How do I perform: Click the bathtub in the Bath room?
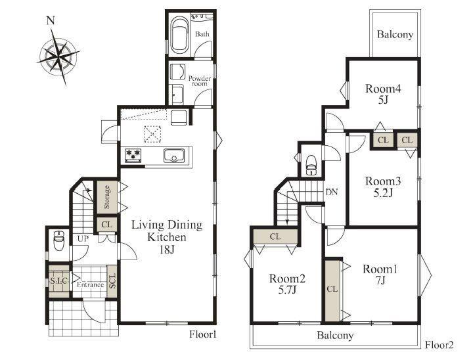click(x=180, y=34)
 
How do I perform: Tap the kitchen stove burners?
click(x=133, y=155)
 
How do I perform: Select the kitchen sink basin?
click(x=174, y=156)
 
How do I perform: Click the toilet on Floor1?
click(x=58, y=241)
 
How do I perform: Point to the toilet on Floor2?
click(x=311, y=166)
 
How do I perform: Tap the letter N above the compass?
click(x=51, y=20)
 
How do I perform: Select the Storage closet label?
click(x=106, y=197)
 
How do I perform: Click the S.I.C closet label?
click(x=58, y=281)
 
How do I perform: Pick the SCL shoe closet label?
click(x=112, y=281)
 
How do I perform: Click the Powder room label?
click(x=200, y=81)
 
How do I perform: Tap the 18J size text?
click(x=166, y=249)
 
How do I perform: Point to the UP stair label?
click(x=83, y=238)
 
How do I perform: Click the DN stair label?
click(x=332, y=192)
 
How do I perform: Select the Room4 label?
click(x=383, y=89)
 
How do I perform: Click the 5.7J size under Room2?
click(x=287, y=290)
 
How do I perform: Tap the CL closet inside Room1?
click(x=332, y=289)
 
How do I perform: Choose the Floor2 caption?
click(x=439, y=345)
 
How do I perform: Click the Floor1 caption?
click(x=203, y=334)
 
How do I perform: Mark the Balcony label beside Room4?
click(x=395, y=34)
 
